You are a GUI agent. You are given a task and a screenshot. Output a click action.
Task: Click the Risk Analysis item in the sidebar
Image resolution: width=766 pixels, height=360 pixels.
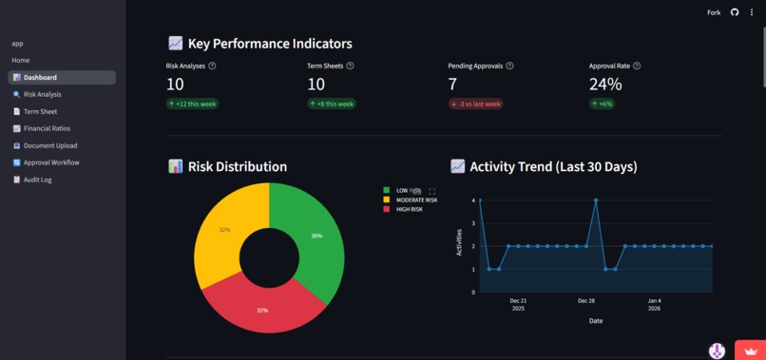(42, 95)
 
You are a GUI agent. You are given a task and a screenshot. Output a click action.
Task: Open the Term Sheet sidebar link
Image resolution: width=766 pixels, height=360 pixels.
(40, 111)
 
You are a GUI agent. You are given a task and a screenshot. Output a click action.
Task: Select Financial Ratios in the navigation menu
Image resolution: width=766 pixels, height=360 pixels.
(47, 128)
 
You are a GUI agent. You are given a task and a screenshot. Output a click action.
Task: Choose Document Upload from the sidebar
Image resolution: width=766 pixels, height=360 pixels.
(49, 145)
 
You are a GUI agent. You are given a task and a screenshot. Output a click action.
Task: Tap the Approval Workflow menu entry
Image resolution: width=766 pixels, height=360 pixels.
(51, 162)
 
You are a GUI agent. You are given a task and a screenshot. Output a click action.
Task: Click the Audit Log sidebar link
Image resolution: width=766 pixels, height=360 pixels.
(37, 180)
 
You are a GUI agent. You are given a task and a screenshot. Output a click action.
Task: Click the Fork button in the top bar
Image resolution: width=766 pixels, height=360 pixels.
(714, 12)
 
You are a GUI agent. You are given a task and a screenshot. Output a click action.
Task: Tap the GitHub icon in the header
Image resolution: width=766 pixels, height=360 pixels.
(735, 12)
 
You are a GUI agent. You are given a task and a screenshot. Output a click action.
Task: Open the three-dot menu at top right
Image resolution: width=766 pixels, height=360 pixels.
(752, 12)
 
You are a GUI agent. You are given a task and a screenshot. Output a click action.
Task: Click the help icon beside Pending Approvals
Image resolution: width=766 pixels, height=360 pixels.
(510, 66)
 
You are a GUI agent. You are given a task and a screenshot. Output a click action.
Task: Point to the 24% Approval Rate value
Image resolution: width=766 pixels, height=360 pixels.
(605, 85)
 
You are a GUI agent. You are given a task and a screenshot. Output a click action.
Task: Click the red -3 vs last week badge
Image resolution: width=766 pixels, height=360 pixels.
(475, 104)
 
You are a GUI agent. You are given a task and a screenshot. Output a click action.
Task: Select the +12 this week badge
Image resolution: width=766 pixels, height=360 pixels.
(193, 104)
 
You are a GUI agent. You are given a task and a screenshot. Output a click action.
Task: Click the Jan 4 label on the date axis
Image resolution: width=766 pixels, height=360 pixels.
(654, 300)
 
